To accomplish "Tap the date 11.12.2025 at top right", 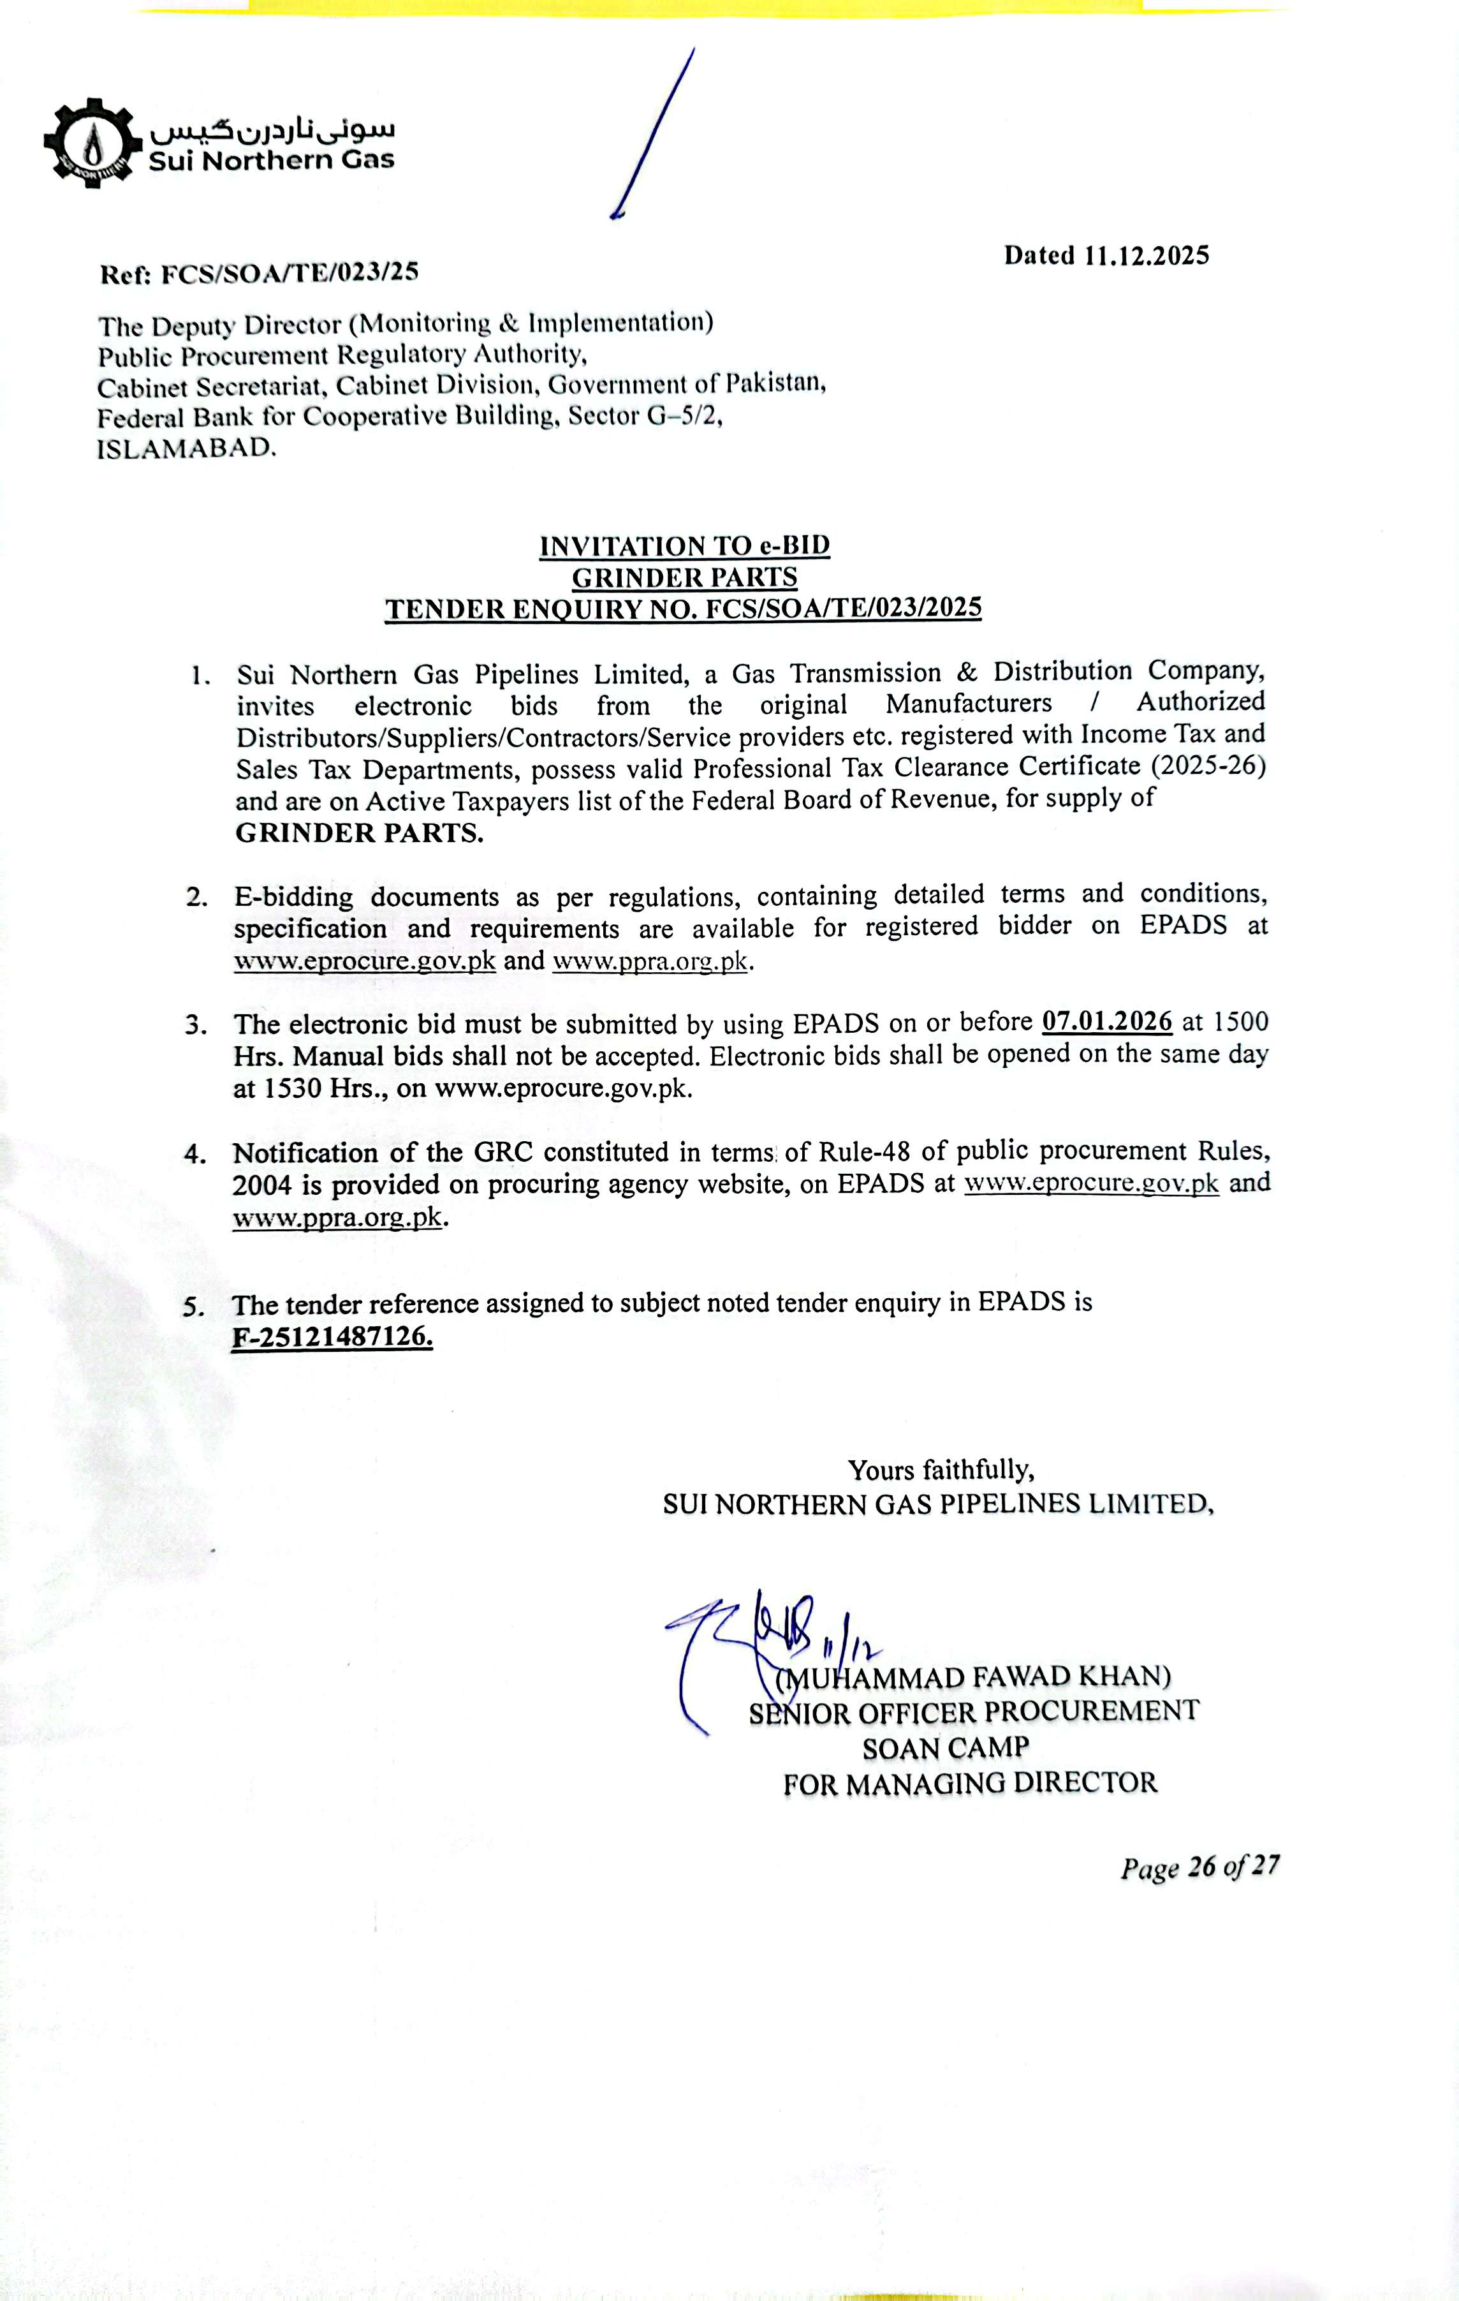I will [x=1147, y=256].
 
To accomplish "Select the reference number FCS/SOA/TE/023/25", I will [x=290, y=273].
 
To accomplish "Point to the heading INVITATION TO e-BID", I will [x=684, y=547].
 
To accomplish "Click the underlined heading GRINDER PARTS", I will [x=684, y=577].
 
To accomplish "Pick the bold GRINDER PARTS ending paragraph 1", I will [x=359, y=833].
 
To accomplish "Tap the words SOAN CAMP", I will [x=945, y=1748].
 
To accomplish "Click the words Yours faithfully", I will [x=941, y=1469].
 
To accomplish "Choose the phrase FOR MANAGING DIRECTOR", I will [x=970, y=1783].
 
